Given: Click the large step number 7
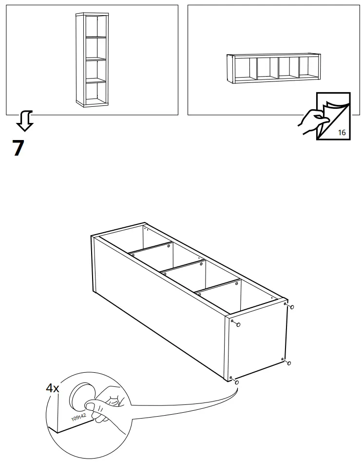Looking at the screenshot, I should click(x=18, y=148).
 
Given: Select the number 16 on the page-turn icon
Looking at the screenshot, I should click(x=341, y=132).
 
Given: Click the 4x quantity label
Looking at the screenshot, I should click(x=52, y=388).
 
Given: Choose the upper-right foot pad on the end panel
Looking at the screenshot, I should click(x=291, y=307).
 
